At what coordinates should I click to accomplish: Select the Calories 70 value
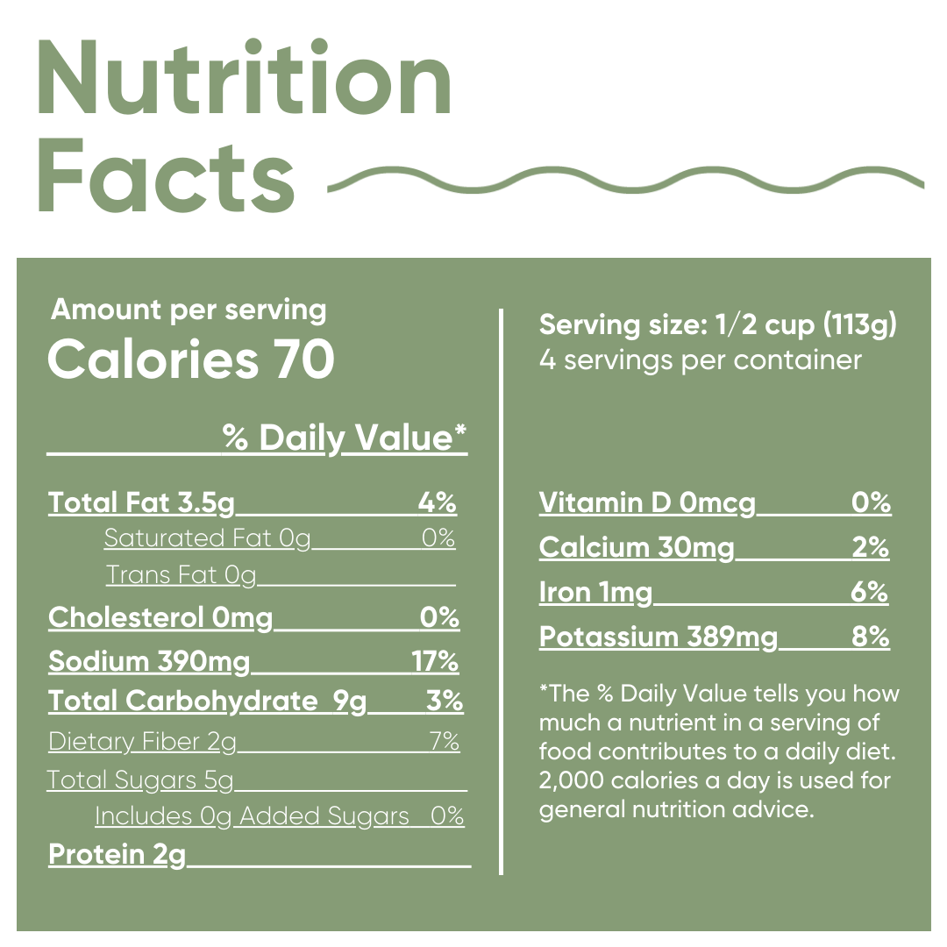190,360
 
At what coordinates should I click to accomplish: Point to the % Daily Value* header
345,438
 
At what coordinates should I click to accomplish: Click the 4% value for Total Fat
437,502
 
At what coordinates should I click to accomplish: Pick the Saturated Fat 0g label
207,538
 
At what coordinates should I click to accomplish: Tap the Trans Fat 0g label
181,575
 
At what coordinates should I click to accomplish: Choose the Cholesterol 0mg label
160,618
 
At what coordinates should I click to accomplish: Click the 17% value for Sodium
435,661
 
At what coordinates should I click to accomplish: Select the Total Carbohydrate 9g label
208,701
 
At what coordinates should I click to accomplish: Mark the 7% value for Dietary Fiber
445,742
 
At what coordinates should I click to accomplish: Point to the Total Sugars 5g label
140,780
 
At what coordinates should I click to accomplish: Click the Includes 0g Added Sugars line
279,816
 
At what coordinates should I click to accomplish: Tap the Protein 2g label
117,854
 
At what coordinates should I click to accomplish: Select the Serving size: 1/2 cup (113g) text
718,325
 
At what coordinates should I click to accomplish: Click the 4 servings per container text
700,360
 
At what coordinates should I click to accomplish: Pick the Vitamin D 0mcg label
647,503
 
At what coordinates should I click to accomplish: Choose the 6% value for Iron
869,593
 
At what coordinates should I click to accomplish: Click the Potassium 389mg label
659,637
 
